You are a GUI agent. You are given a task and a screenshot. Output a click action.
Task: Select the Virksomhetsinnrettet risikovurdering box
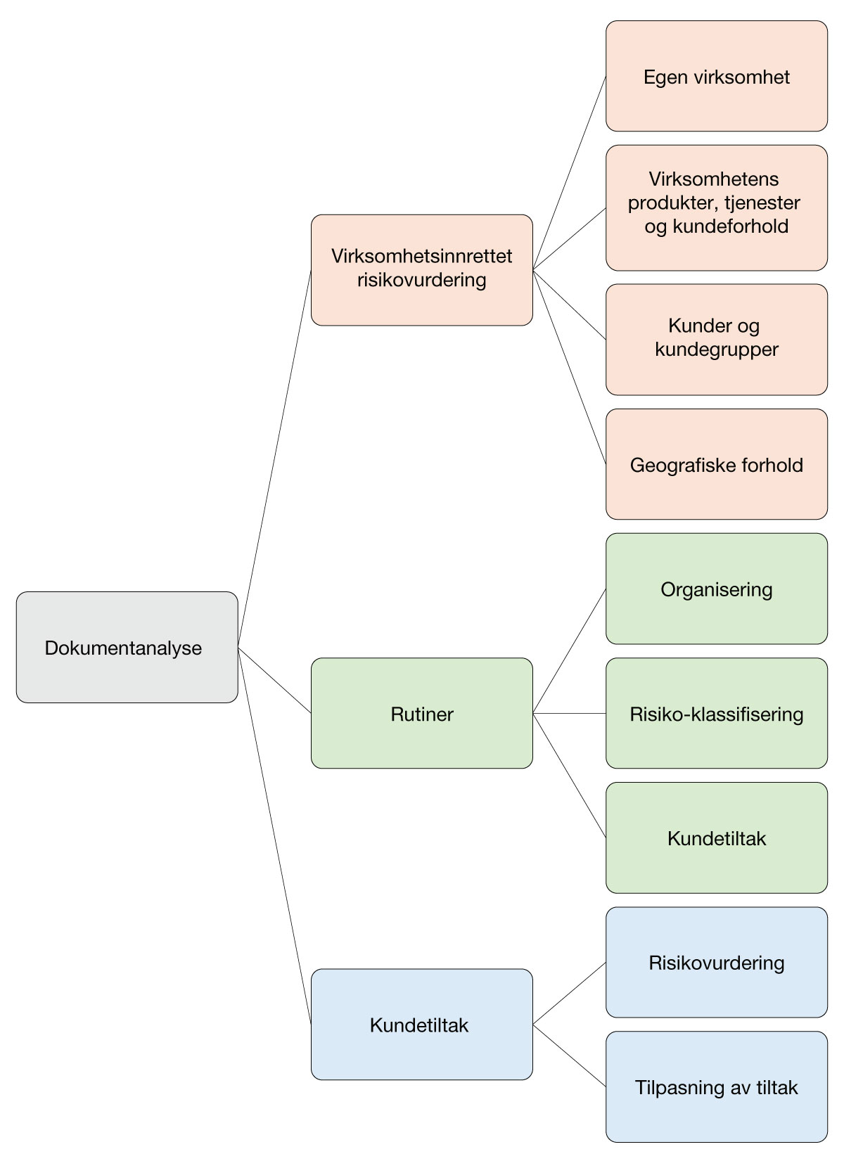[x=422, y=270]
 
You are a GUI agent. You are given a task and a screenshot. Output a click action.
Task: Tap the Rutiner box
[x=422, y=713]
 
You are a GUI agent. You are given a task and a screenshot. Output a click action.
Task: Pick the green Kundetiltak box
[x=717, y=838]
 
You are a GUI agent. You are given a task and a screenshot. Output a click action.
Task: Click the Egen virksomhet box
[x=717, y=76]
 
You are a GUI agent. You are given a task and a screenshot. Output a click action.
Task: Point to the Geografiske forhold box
[x=717, y=464]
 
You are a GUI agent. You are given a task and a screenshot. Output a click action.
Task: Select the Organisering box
[x=717, y=589]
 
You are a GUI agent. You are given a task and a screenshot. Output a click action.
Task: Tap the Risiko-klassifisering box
[x=717, y=713]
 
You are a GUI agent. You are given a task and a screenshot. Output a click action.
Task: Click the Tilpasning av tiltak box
[x=717, y=1087]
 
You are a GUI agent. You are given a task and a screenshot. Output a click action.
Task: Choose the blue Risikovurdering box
[x=717, y=962]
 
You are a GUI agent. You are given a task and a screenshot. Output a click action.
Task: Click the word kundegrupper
[x=717, y=349]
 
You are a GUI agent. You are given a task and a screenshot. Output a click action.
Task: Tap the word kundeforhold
[x=730, y=226]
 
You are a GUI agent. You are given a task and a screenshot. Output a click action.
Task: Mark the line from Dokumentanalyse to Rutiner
[x=274, y=680]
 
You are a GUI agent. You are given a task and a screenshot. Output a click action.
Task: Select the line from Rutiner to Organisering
[x=570, y=650]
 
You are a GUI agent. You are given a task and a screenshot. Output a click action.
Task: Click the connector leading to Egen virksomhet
[x=570, y=172]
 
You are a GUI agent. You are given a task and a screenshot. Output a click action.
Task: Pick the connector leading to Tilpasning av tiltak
[x=570, y=1056]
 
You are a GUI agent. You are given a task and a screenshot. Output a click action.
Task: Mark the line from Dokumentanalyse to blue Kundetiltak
[x=274, y=835]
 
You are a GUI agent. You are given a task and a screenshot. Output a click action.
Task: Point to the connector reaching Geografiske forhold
[x=570, y=366]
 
